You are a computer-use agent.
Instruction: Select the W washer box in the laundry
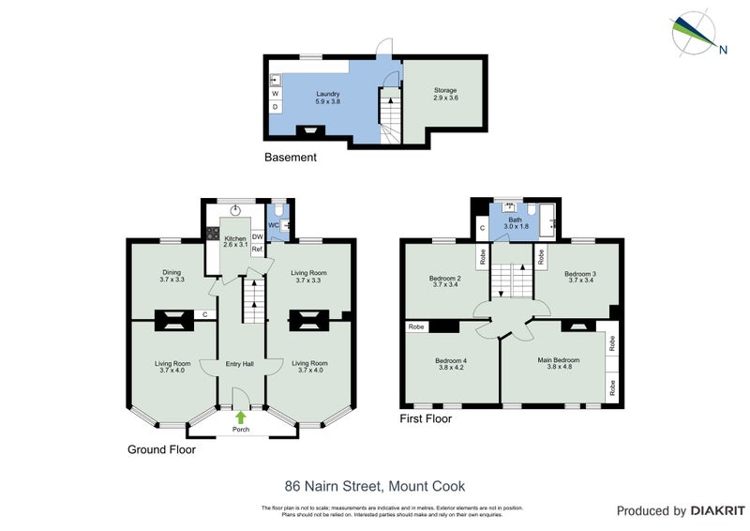coord(276,94)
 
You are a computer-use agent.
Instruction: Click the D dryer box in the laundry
coord(276,107)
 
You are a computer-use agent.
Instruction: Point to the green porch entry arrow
coord(241,417)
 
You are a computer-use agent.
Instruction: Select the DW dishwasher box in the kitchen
coord(257,237)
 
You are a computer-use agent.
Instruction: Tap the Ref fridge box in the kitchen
coord(257,249)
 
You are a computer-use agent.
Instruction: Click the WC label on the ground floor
coord(274,225)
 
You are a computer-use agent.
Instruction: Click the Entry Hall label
coord(240,364)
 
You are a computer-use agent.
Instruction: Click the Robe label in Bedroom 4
coord(416,327)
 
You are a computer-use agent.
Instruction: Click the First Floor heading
coord(426,419)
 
